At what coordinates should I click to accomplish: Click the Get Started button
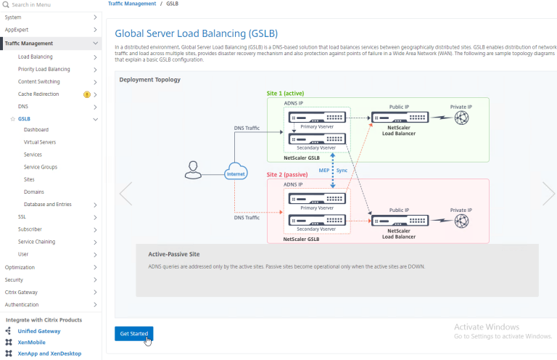(134, 333)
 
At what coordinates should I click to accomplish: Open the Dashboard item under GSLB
(36, 130)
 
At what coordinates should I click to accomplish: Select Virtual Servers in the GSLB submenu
(40, 142)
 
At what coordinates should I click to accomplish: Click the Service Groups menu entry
(41, 167)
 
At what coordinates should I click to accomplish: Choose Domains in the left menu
(34, 192)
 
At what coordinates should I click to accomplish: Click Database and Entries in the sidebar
(47, 204)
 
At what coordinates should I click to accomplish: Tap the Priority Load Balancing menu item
(44, 69)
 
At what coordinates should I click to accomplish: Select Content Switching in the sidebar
(38, 81)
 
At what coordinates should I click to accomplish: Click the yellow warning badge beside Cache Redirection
(87, 94)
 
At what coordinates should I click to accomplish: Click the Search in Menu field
(51, 4)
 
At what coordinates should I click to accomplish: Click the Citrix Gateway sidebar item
(22, 292)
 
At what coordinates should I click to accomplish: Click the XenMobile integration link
(31, 342)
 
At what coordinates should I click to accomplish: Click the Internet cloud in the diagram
(235, 173)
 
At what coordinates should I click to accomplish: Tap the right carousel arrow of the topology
(548, 193)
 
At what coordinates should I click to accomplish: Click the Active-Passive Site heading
(174, 254)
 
